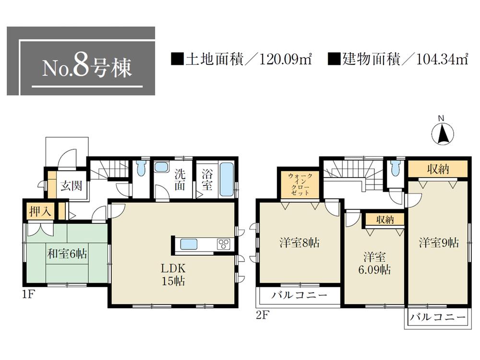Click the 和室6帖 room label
pos(67,254)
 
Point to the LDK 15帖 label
pos(173,274)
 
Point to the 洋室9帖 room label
pos(439,243)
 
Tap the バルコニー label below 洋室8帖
pos(300,295)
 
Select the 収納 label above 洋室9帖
pos(438,169)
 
